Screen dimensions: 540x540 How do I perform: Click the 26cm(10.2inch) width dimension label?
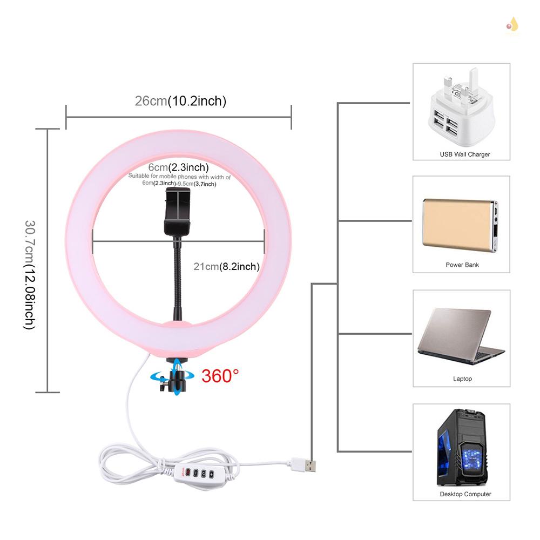click(180, 101)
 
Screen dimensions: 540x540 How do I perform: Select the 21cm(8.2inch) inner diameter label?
click(227, 266)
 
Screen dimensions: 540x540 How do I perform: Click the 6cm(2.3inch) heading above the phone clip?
click(179, 167)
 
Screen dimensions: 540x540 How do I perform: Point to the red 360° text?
click(220, 375)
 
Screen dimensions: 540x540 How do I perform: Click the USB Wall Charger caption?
click(465, 154)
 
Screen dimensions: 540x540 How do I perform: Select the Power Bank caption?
click(462, 265)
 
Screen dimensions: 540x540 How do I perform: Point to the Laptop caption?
click(462, 379)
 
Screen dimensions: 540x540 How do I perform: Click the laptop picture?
click(460, 336)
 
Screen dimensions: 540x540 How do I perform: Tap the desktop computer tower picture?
click(462, 447)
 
